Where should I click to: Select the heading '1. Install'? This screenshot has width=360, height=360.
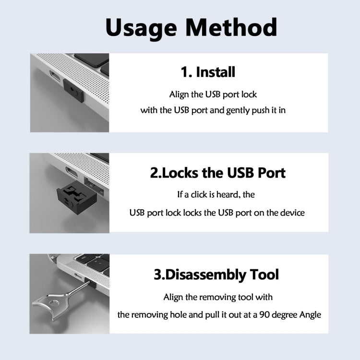(x=208, y=72)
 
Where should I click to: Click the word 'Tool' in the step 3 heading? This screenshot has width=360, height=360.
(x=263, y=275)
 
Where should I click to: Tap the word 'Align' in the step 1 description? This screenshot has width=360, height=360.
(x=179, y=95)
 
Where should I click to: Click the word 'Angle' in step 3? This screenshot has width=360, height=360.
(x=309, y=315)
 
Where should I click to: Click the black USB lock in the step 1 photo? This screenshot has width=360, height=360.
(x=74, y=90)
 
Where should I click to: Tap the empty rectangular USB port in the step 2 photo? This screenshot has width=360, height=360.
(x=93, y=182)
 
